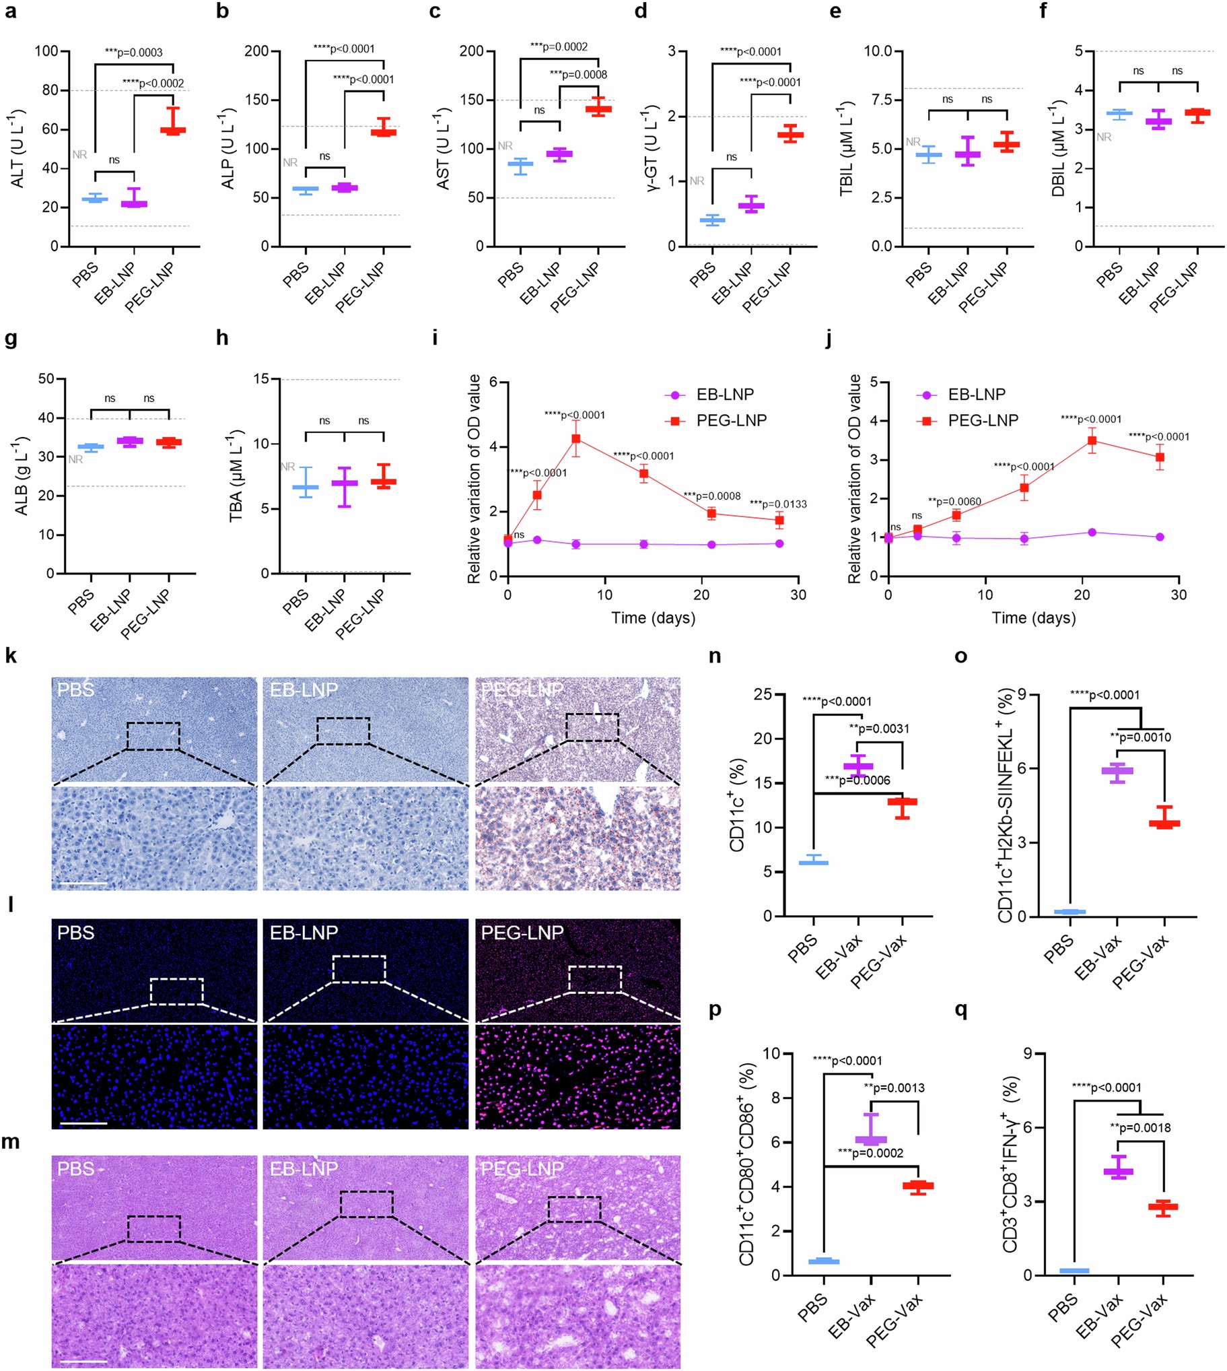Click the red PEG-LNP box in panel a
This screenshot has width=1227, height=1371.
coord(173,130)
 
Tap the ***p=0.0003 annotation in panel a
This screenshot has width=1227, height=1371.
coord(133,53)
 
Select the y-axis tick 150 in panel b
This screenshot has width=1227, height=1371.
coord(257,100)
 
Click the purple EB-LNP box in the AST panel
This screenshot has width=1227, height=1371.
coord(559,154)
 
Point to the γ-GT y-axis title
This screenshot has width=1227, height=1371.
coord(652,148)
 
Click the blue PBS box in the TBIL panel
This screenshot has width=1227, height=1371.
coord(928,155)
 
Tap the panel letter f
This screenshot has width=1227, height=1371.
coord(1043,11)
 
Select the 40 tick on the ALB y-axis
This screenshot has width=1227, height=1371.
coord(46,418)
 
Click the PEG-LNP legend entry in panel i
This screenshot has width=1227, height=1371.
coord(731,421)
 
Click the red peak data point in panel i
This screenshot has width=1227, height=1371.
coord(575,438)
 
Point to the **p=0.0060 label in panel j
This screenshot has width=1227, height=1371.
coord(954,502)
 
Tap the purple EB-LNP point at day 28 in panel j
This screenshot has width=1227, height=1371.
coord(1160,537)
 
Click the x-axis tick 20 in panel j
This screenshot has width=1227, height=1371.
coord(1082,595)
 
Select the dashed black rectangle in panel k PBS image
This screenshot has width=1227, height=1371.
coord(153,736)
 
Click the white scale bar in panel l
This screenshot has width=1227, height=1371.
coord(83,1123)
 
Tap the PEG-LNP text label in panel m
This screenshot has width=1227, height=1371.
coord(522,1169)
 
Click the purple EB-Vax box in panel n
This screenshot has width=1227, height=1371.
coord(858,766)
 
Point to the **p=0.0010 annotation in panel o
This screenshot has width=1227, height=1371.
coord(1141,738)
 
